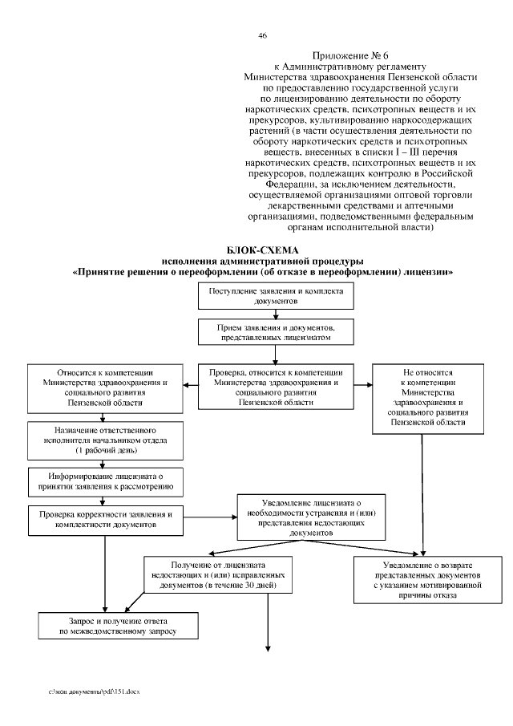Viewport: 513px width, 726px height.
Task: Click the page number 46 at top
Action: [262, 36]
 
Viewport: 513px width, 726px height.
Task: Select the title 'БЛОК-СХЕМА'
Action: [262, 251]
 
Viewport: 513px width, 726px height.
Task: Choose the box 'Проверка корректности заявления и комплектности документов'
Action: [104, 517]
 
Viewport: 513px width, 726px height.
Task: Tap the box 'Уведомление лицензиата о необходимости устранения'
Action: [306, 517]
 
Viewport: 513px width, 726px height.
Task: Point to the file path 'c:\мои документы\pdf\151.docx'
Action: [94, 691]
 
